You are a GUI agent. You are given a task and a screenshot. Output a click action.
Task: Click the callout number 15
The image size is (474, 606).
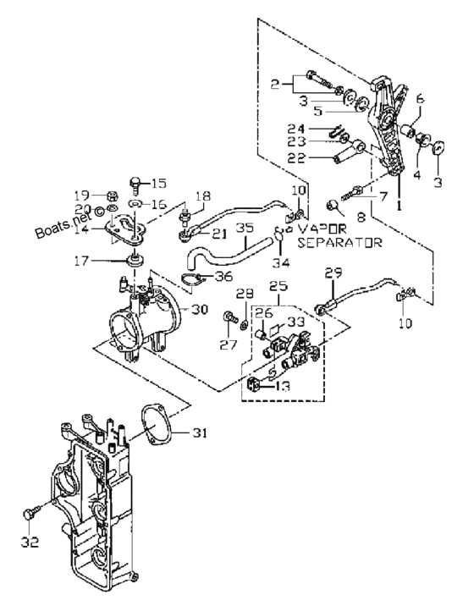[158, 183]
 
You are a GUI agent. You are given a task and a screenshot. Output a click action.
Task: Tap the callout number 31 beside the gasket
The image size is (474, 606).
[200, 433]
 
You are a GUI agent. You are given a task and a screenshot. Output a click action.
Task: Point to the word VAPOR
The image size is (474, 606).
[322, 229]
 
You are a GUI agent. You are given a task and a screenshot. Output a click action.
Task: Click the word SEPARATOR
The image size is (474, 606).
[340, 243]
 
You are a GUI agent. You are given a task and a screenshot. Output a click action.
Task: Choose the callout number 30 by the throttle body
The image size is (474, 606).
[200, 309]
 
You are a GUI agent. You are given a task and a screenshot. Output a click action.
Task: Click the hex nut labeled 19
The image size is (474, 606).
[112, 196]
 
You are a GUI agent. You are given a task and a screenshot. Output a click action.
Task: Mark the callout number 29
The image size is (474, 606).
[333, 273]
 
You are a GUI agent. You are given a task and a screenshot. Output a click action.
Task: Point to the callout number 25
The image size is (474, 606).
[279, 286]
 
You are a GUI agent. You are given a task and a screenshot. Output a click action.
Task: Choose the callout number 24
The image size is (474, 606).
[296, 129]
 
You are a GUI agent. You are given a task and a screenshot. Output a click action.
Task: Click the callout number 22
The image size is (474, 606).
[296, 158]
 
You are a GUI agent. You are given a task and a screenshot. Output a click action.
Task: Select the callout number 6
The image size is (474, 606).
[420, 99]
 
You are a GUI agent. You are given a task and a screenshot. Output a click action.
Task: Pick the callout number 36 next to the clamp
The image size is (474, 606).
[224, 276]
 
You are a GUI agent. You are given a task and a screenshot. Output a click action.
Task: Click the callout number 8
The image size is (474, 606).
[361, 218]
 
